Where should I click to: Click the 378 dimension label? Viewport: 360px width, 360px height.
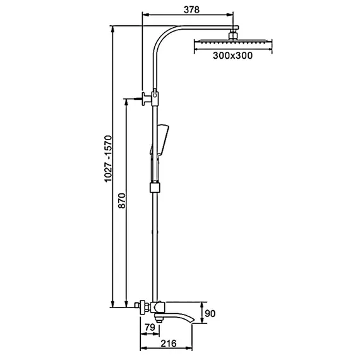tap(191, 9)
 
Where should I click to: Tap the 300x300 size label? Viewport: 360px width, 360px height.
tap(232, 56)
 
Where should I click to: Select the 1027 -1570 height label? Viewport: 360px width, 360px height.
tap(108, 159)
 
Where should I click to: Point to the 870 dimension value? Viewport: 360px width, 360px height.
tap(122, 201)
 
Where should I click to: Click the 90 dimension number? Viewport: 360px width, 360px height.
tap(210, 313)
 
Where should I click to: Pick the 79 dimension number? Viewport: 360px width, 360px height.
tap(150, 327)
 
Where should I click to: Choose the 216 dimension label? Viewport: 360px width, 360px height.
tap(168, 344)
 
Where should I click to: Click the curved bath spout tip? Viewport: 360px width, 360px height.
tap(193, 321)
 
